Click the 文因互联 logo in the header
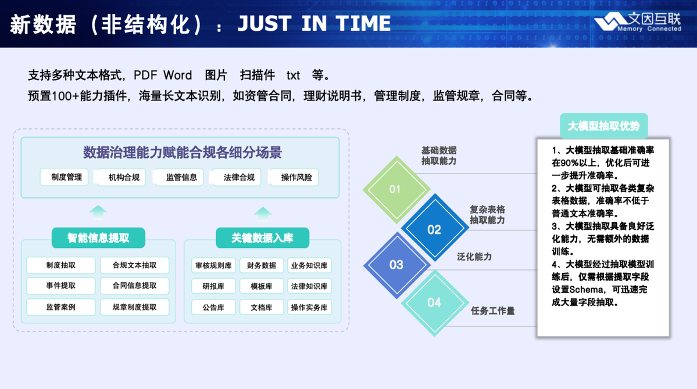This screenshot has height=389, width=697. pyautogui.click(x=638, y=21)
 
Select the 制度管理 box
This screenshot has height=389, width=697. pyautogui.click(x=65, y=177)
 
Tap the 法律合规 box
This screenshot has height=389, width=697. pyautogui.click(x=237, y=177)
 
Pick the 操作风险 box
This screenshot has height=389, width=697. pyautogui.click(x=294, y=177)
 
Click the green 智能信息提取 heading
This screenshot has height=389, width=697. pyautogui.click(x=98, y=238)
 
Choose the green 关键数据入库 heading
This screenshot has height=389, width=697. pyautogui.click(x=262, y=238)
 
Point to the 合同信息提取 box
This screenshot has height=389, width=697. pyautogui.click(x=135, y=286)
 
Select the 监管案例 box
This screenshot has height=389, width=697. pyautogui.click(x=61, y=307)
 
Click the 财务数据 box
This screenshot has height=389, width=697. pyautogui.click(x=262, y=265)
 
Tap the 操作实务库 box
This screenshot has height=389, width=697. pyautogui.click(x=309, y=307)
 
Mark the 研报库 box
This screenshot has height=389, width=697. pyautogui.click(x=213, y=286)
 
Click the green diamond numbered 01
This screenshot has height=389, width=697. pyautogui.click(x=396, y=189)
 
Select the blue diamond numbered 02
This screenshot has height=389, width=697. pyautogui.click(x=435, y=228)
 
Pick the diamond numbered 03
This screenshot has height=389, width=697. pyautogui.click(x=396, y=265)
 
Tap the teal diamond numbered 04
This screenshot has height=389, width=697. pyautogui.click(x=435, y=303)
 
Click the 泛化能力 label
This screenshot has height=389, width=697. pyautogui.click(x=474, y=257)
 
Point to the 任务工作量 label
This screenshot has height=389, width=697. pyautogui.click(x=492, y=311)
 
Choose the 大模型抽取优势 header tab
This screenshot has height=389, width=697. pyautogui.click(x=603, y=126)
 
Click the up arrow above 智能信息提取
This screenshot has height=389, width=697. pyautogui.click(x=98, y=212)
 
